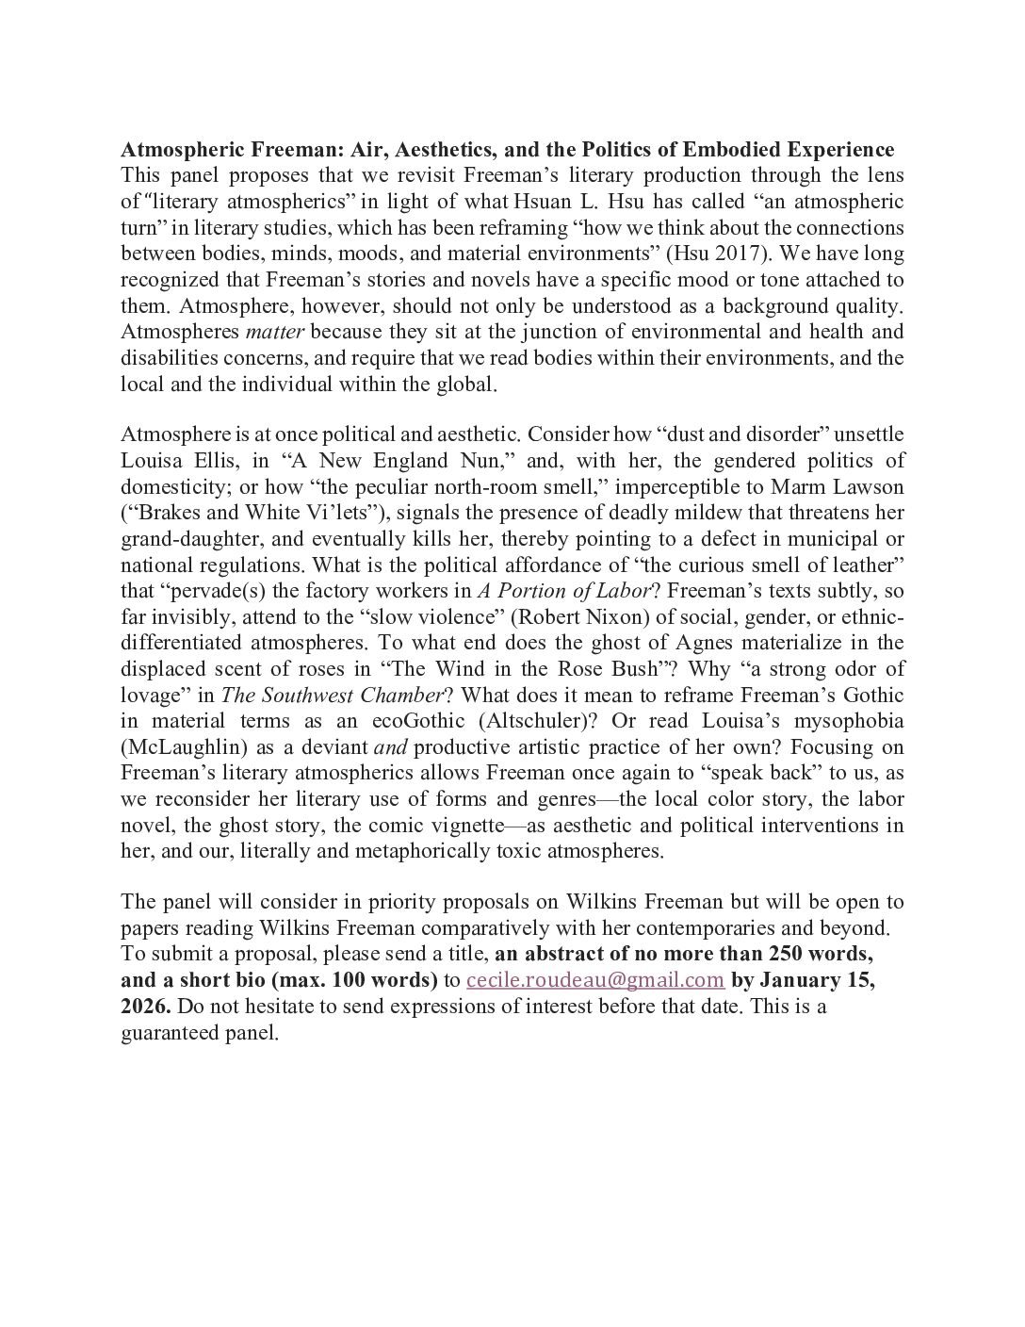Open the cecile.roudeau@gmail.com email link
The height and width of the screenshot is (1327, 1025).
pyautogui.click(x=595, y=980)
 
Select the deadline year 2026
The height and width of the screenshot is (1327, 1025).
pyautogui.click(x=144, y=1007)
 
